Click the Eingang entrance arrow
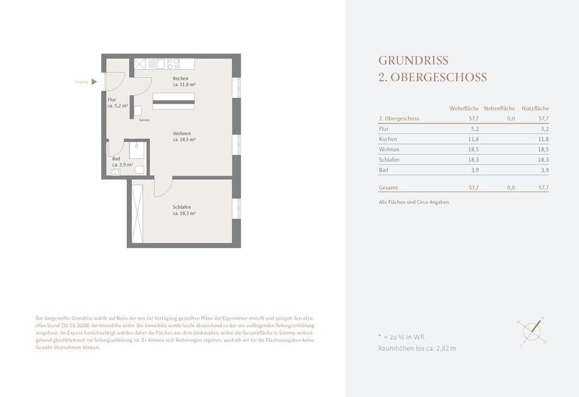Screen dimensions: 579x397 (94, 82)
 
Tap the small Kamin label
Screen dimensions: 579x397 (144, 120)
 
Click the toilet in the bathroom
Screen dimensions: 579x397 (139, 170)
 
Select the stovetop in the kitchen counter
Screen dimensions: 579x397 (173, 64)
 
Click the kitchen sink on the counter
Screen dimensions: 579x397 (160, 64)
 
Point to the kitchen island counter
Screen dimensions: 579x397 (174, 101)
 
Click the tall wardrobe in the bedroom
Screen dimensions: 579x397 (138, 214)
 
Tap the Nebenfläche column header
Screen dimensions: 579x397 (499, 108)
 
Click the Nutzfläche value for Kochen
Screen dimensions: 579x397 (543, 139)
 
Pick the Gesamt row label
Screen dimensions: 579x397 (388, 187)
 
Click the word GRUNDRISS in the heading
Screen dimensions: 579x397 (413, 60)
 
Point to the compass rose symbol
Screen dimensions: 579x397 (532, 331)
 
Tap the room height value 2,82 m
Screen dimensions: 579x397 (446, 348)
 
